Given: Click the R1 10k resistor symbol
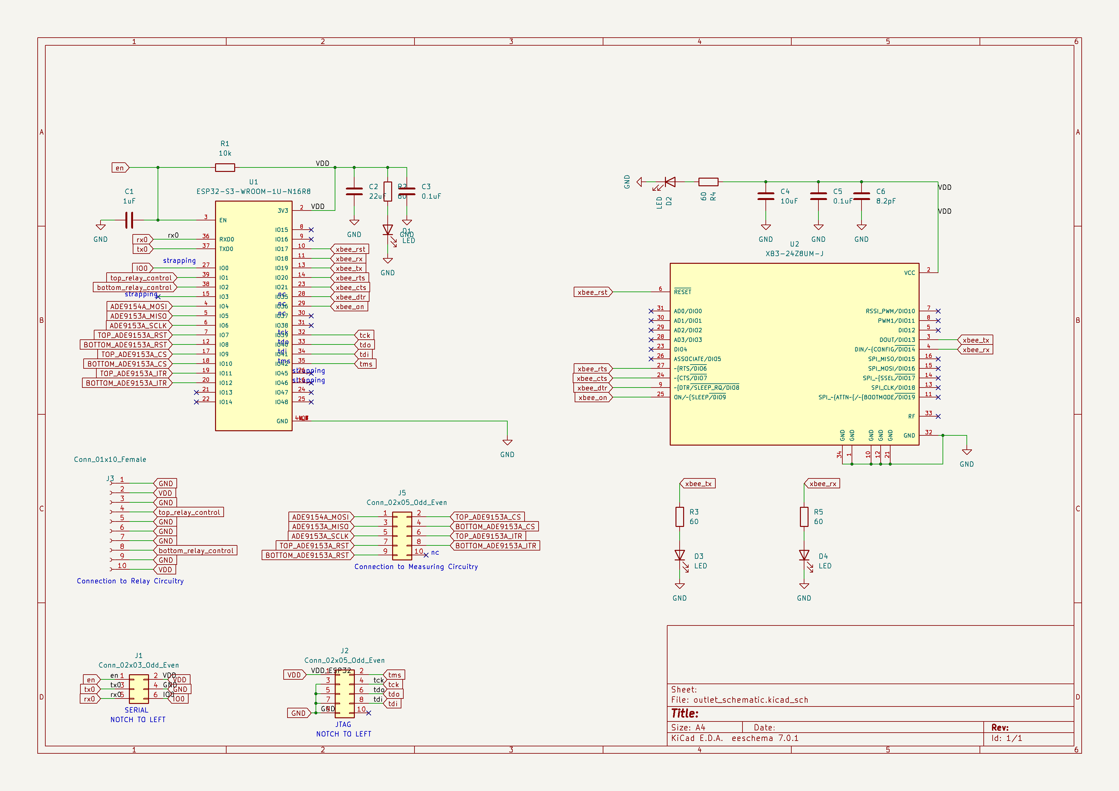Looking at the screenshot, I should (x=225, y=167).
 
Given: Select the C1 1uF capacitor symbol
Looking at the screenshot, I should (x=129, y=220).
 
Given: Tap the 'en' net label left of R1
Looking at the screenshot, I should (x=119, y=167).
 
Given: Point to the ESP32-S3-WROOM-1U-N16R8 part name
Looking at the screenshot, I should (x=253, y=191).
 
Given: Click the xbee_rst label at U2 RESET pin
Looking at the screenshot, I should (x=592, y=292).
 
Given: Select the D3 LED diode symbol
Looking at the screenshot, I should (x=679, y=555).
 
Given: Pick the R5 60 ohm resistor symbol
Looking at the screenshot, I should (x=804, y=517).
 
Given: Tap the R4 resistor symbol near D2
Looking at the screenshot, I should (x=708, y=182).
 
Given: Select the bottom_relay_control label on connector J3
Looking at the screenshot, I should (x=196, y=551).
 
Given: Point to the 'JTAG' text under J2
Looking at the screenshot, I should (x=343, y=724).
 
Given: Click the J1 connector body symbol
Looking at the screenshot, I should (x=139, y=689).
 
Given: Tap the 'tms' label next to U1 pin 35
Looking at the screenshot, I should (x=366, y=364).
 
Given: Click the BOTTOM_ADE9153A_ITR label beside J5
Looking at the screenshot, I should (x=495, y=545).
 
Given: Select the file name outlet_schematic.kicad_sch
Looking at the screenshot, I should (x=750, y=699).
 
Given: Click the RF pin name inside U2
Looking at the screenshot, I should (x=911, y=417).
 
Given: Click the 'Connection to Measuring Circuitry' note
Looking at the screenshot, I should (x=416, y=566).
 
